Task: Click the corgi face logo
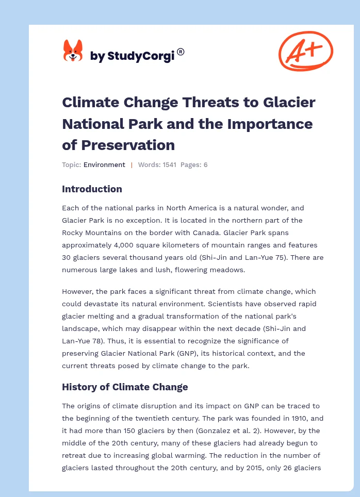[x=73, y=51]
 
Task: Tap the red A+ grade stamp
[x=305, y=51]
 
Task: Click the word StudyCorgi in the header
[x=140, y=56]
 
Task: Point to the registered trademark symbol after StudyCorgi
[x=181, y=52]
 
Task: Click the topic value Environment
[x=104, y=165]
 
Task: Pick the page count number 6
[x=205, y=165]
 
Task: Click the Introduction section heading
[x=92, y=189]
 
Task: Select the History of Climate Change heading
[x=125, y=387]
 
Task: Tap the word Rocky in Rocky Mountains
[x=73, y=233]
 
